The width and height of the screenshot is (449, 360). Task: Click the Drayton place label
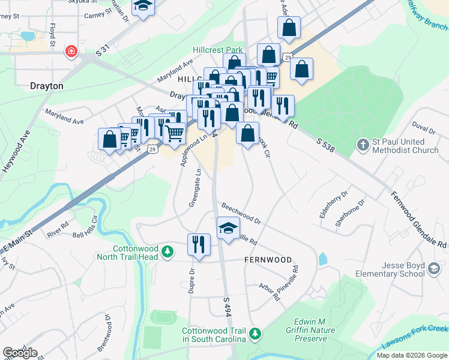46,86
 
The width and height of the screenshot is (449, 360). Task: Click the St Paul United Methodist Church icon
363,145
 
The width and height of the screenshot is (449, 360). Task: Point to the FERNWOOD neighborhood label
268,260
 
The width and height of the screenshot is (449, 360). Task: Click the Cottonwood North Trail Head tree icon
169,251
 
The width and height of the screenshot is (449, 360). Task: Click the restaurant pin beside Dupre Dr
199,244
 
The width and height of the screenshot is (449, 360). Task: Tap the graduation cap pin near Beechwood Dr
228,227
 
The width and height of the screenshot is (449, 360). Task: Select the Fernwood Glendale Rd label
419,220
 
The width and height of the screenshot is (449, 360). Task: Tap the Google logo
20,353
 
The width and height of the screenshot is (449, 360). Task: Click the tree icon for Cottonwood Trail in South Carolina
256,332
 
